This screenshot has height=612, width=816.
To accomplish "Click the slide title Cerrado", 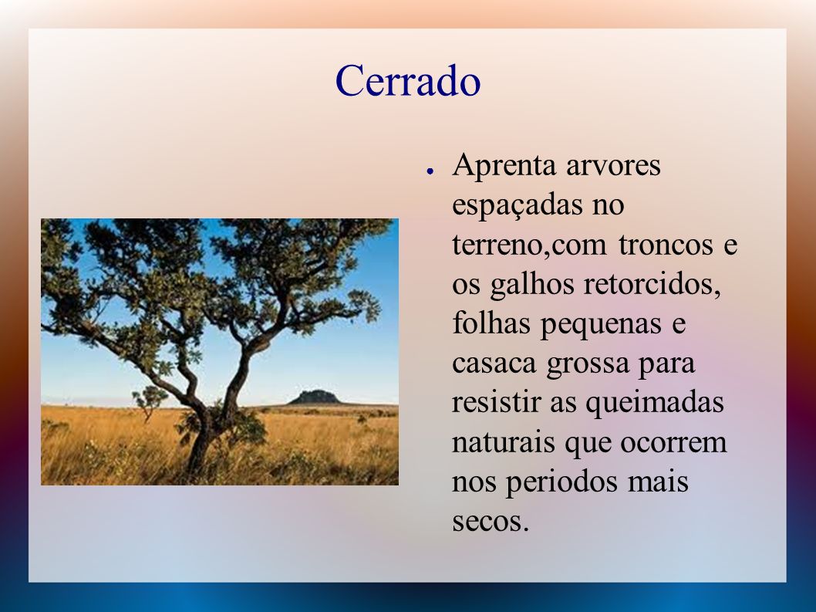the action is [407, 81].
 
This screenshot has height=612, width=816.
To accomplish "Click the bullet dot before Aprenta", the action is [430, 171].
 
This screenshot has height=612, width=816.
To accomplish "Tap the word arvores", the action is [614, 167].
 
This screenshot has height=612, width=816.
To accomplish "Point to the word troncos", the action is [666, 245].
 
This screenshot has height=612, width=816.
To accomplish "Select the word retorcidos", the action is [652, 285].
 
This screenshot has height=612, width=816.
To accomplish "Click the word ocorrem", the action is [673, 444].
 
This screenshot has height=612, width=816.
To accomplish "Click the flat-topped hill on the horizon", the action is [315, 397].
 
